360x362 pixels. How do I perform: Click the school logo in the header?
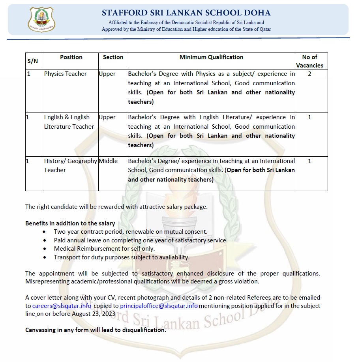(42, 20)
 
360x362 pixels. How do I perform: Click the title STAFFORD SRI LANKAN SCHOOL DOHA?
(186, 13)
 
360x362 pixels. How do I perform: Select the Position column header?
(71, 57)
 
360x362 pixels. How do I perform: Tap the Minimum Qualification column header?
(211, 57)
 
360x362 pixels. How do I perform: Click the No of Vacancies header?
(309, 61)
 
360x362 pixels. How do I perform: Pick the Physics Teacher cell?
(66, 74)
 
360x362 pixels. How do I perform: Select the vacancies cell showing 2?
(309, 74)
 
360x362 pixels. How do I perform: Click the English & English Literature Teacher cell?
(69, 122)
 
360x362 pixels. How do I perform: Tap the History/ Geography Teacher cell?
(70, 165)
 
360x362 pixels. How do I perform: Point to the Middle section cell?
(108, 161)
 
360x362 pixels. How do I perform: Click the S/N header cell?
(33, 61)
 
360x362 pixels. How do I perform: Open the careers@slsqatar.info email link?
(62, 306)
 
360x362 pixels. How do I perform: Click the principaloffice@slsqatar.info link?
(159, 306)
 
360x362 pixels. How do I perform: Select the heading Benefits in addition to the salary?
(70, 223)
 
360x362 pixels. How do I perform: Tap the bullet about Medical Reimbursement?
(104, 249)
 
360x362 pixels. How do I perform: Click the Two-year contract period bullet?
(130, 232)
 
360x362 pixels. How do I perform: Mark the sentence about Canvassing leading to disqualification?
(96, 330)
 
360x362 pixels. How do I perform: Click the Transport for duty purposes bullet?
(122, 257)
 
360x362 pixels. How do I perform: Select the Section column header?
(113, 57)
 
